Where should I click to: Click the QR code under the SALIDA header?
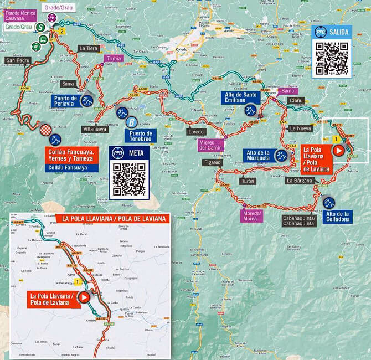332,58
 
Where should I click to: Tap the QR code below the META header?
129,179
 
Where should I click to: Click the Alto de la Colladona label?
338,217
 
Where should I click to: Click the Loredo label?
196,132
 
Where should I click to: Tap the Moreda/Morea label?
251,216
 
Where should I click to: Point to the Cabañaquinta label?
299,221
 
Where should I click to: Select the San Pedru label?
17,60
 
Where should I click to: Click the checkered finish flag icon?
45,129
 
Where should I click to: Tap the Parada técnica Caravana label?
20,15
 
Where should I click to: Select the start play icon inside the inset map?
84,297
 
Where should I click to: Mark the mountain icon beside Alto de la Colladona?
328,203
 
